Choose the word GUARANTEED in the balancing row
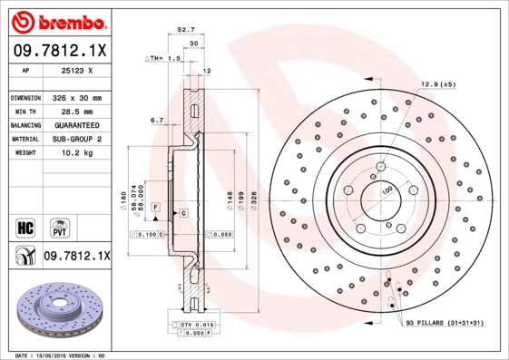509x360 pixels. pyautogui.click(x=76, y=124)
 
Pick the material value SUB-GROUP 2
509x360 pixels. pyautogui.click(x=76, y=139)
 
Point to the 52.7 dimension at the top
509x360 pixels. pyautogui.click(x=187, y=30)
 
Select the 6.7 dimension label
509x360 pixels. pyautogui.click(x=156, y=119)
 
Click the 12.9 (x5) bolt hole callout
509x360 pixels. pyautogui.click(x=436, y=84)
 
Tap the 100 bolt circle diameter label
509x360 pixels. pyautogui.click(x=387, y=190)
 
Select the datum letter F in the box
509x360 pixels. pyautogui.click(x=156, y=209)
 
